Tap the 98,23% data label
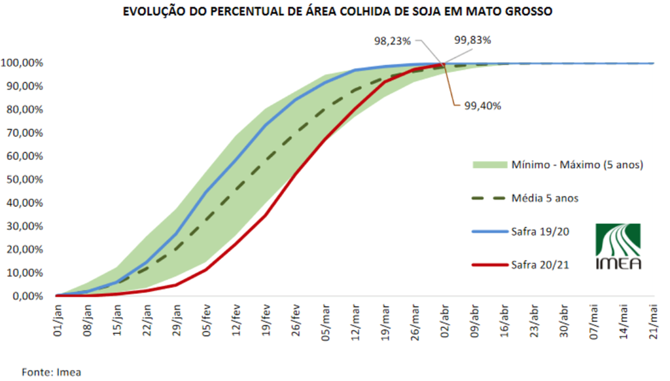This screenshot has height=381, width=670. (x=392, y=41)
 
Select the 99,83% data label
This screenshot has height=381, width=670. (x=472, y=39)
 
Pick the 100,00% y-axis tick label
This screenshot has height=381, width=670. (x=22, y=63)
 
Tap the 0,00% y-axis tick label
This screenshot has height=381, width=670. (x=27, y=296)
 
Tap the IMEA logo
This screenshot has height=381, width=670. (x=618, y=246)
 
